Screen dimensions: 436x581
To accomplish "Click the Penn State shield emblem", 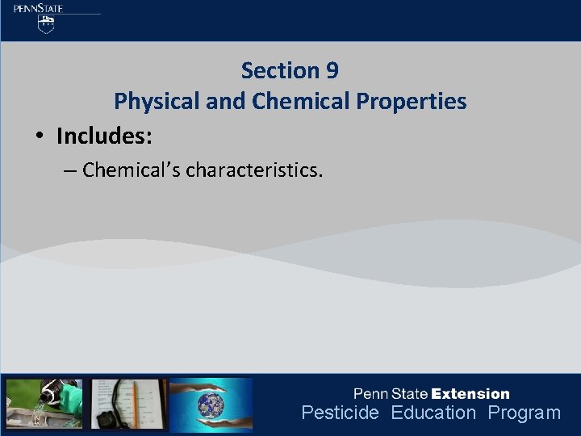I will (x=47, y=24).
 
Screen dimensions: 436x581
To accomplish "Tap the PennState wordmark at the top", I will (x=38, y=8).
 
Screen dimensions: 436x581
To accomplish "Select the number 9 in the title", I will (x=332, y=71).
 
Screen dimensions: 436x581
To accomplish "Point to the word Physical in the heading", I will (x=153, y=102).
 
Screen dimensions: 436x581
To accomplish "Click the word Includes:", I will (x=104, y=136).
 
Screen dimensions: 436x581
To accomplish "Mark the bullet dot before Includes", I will (x=39, y=137).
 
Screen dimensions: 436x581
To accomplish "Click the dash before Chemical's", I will (x=69, y=171).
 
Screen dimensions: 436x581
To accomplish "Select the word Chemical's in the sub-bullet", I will (x=131, y=170).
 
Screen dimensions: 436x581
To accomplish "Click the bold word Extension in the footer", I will (x=471, y=394).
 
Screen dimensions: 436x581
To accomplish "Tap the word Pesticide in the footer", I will (x=340, y=413).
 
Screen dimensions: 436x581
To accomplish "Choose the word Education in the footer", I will (x=433, y=413).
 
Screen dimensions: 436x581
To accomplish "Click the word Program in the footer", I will (x=524, y=413).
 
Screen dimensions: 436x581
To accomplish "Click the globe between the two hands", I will (x=211, y=404).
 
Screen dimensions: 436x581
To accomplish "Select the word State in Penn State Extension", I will (x=410, y=394).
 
